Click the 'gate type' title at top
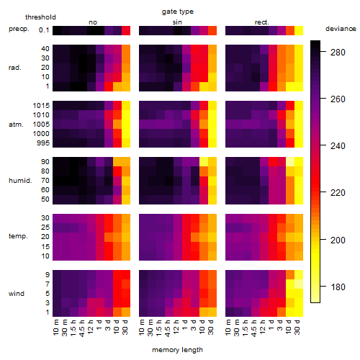178,12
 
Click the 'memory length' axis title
178,350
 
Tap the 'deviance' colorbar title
341,29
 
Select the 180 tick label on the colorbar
338,287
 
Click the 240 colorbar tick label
338,145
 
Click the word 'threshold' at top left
40,17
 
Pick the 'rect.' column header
262,22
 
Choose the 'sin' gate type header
177,22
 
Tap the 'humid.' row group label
20,180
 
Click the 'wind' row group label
17,294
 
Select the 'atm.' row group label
16,125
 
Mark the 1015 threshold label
41,105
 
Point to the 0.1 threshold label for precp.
44,30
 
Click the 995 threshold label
43,143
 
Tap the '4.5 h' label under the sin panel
168,328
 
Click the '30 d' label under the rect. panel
297,327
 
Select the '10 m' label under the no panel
55,328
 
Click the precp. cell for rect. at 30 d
299,30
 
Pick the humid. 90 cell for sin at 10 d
204,161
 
